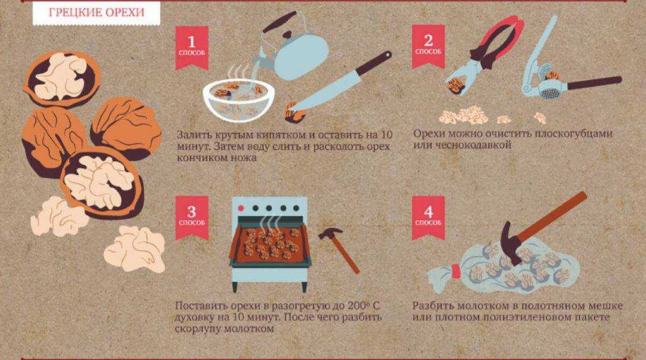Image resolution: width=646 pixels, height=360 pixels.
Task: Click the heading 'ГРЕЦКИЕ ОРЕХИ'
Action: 97,12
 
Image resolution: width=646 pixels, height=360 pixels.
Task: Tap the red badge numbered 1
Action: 192,47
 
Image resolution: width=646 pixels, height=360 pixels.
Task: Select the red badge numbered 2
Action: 428,45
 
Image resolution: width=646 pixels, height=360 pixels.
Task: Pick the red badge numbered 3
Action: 192,217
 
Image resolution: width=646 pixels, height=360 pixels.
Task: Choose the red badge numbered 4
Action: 428,217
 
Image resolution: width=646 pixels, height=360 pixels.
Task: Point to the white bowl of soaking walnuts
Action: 239,100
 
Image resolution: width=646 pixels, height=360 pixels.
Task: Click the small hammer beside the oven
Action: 339,250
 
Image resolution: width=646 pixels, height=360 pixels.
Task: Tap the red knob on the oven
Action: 242,208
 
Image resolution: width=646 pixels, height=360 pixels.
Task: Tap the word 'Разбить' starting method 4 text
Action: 433,306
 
